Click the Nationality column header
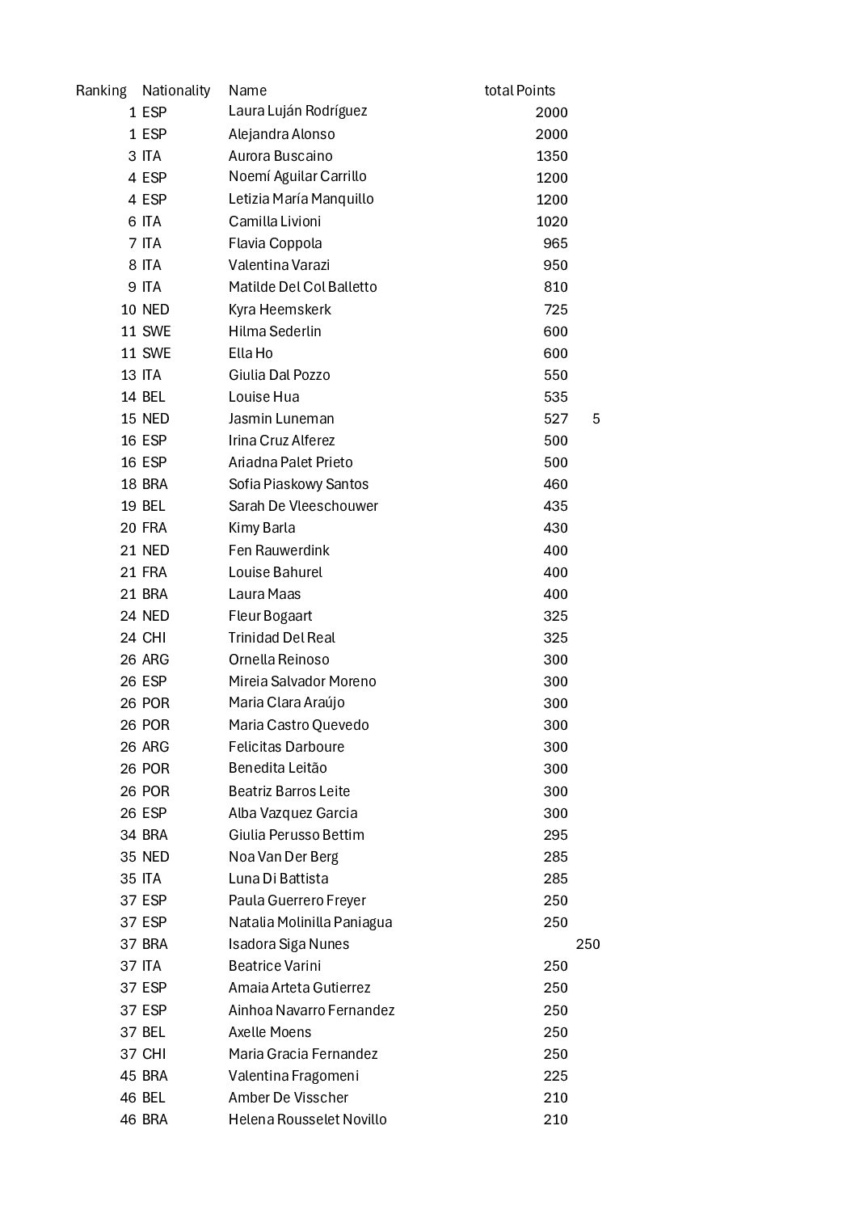[175, 91]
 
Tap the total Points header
[520, 91]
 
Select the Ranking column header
[101, 91]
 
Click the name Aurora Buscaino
[280, 156]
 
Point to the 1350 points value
[552, 156]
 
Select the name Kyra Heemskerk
[279, 310]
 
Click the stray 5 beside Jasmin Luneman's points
[596, 419]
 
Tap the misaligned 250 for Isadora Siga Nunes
[588, 944]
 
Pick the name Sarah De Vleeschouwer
[303, 506]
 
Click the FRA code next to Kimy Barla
[154, 528]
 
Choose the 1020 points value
[552, 221]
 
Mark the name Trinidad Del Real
[281, 638]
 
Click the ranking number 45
[128, 1076]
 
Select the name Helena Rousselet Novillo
[307, 1119]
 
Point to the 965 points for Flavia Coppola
[555, 243]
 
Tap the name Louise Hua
[263, 397]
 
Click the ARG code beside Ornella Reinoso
[156, 660]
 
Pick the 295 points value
[555, 835]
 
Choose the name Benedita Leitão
[277, 769]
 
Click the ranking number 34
[128, 835]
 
